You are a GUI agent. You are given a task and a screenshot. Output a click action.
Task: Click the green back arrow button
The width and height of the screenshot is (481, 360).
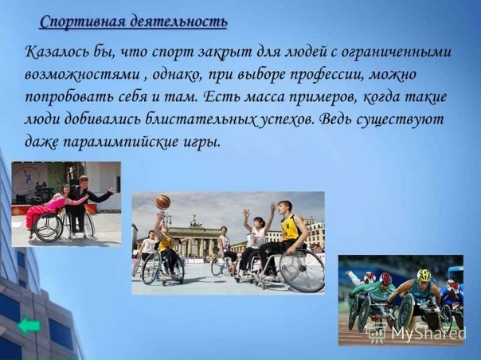pos(29,326)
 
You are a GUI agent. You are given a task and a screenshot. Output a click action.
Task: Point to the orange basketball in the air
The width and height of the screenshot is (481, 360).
pos(163,202)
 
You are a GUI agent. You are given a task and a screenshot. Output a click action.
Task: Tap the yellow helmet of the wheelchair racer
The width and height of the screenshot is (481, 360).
pos(423,275)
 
